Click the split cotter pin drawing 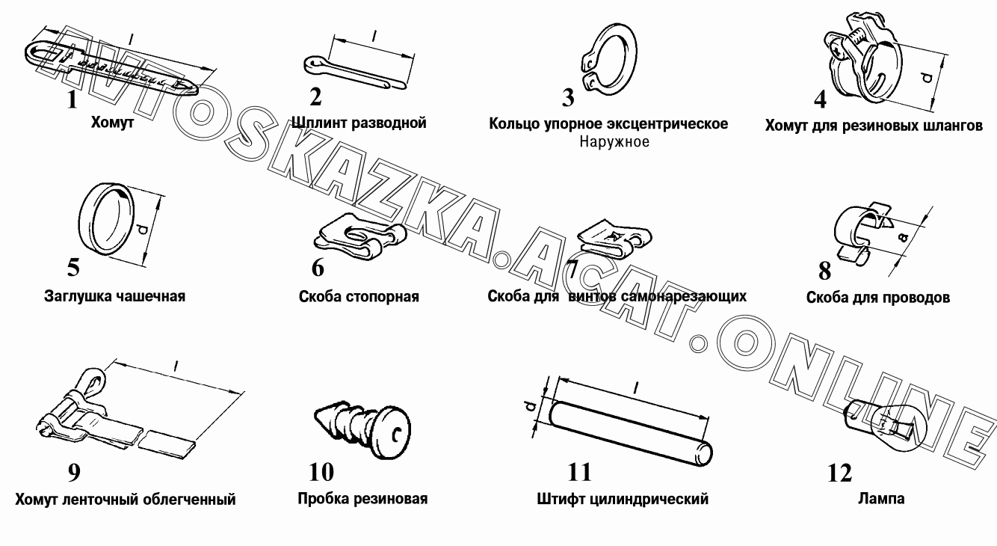click(355, 73)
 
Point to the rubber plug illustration click(362, 431)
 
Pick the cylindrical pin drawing click(631, 433)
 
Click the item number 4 click(820, 99)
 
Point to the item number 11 click(579, 472)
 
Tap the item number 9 click(74, 473)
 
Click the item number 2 click(315, 96)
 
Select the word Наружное click(614, 142)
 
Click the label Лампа click(881, 498)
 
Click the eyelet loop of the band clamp click(93, 380)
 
